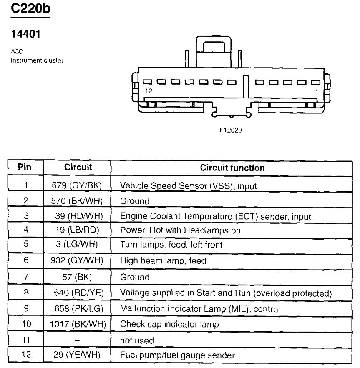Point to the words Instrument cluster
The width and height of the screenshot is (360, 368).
pos(37,61)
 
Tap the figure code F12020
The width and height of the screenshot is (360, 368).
pos(231,130)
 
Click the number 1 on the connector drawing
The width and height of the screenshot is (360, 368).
pos(317,91)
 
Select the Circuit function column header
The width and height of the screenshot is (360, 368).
pos(232,168)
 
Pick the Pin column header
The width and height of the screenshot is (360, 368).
pos(25,168)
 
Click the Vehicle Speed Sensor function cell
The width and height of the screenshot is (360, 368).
pos(188,185)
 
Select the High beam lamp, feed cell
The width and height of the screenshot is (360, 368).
pos(163,261)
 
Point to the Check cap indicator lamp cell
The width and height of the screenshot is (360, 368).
pos(169,324)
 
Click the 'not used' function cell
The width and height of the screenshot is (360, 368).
pos(137,340)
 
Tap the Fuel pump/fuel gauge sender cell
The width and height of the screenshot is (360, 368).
pos(177,355)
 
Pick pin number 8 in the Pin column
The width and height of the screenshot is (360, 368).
pos(25,293)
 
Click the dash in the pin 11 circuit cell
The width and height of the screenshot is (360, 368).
pos(77,340)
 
